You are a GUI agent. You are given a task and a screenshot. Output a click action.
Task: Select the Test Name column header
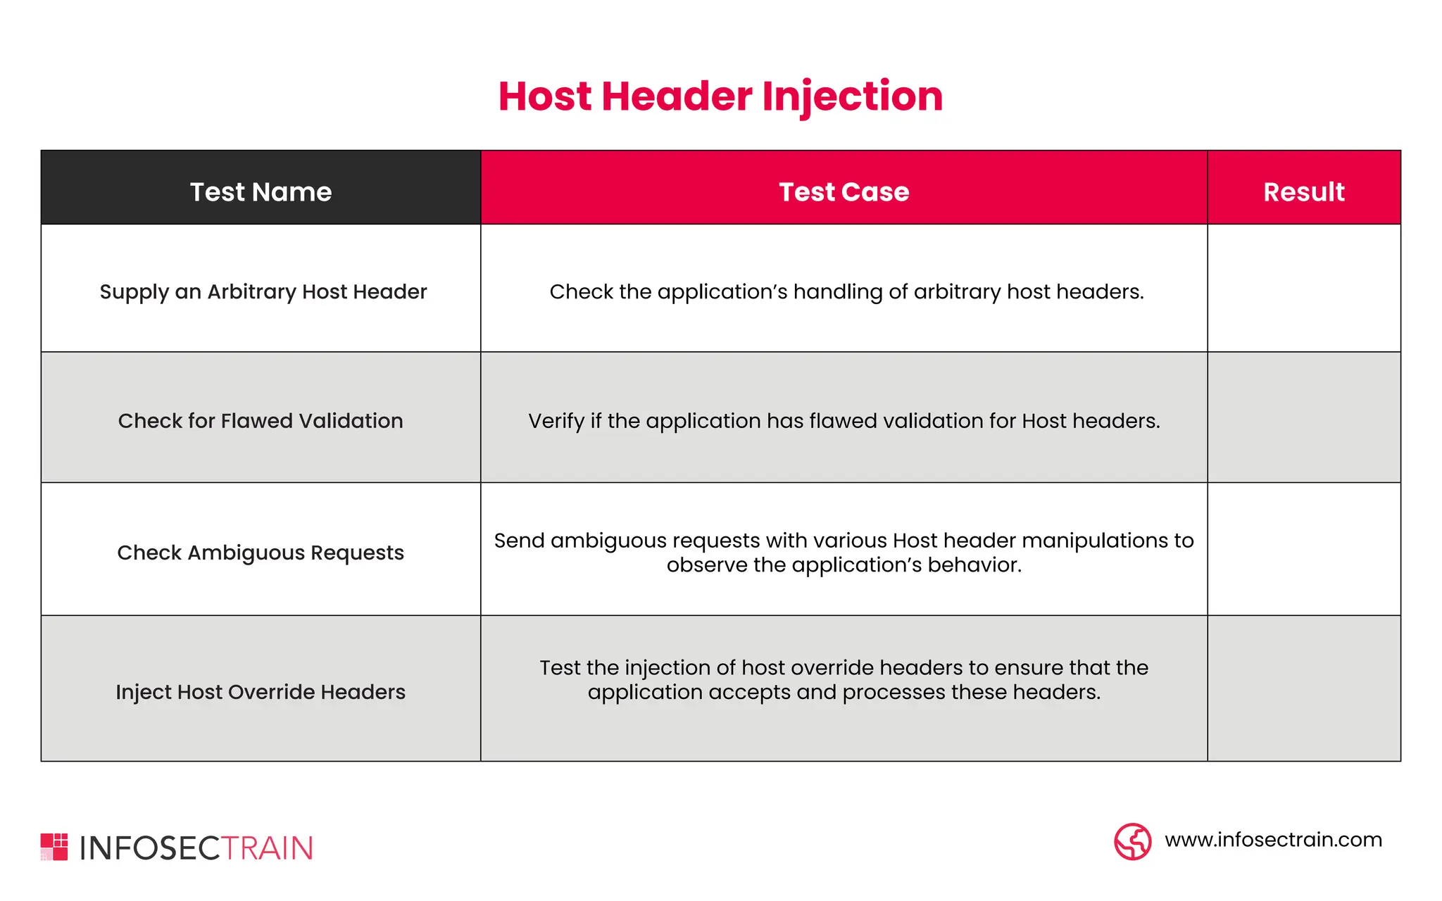point(261,191)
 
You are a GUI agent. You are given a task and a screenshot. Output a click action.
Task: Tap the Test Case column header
point(844,191)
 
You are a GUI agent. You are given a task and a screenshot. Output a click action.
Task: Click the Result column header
point(1303,191)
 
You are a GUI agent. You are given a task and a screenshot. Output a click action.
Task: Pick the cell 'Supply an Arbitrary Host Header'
point(263,291)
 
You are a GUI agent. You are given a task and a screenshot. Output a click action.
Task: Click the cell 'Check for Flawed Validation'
point(261,421)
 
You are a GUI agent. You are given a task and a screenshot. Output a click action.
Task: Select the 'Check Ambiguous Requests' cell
point(261,553)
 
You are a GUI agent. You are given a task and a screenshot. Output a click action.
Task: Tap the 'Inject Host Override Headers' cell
point(261,692)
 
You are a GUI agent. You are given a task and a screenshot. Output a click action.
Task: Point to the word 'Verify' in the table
point(556,421)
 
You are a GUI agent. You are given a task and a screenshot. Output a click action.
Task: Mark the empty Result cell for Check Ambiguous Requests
point(1303,549)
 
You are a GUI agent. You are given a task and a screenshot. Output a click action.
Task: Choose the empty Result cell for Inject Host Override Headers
point(1303,688)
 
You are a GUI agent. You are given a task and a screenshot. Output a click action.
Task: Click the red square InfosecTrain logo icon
point(54,847)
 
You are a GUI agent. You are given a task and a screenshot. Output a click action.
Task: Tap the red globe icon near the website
point(1132,841)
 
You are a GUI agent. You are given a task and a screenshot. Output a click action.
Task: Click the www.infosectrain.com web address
point(1273,840)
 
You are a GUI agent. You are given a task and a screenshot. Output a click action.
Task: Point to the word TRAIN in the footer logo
point(268,848)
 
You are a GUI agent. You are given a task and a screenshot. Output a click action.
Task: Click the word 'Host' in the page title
point(545,96)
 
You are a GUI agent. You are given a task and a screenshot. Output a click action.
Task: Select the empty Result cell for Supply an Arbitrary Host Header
point(1303,288)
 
